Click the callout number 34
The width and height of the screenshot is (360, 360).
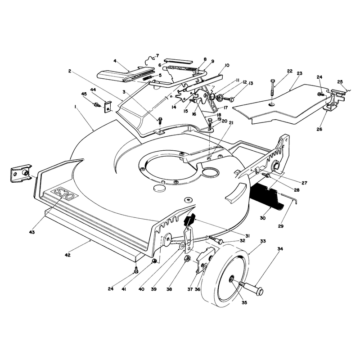point(280,249)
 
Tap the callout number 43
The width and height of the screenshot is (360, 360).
point(32,232)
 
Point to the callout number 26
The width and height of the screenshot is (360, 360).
point(319,129)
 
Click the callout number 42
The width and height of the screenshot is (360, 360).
point(67,255)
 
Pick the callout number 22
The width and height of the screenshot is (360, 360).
point(290,71)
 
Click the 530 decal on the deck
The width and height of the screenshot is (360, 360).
point(66,194)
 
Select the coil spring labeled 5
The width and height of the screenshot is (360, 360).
point(148,78)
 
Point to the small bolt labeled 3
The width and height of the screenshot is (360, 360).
point(160,120)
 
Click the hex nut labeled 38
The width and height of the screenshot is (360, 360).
point(187,259)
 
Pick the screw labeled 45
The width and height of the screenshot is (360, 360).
point(97,105)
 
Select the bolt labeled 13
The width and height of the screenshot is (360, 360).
point(229,99)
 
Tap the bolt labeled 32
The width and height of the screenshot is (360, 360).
point(216,240)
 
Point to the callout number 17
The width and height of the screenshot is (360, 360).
point(225,108)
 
